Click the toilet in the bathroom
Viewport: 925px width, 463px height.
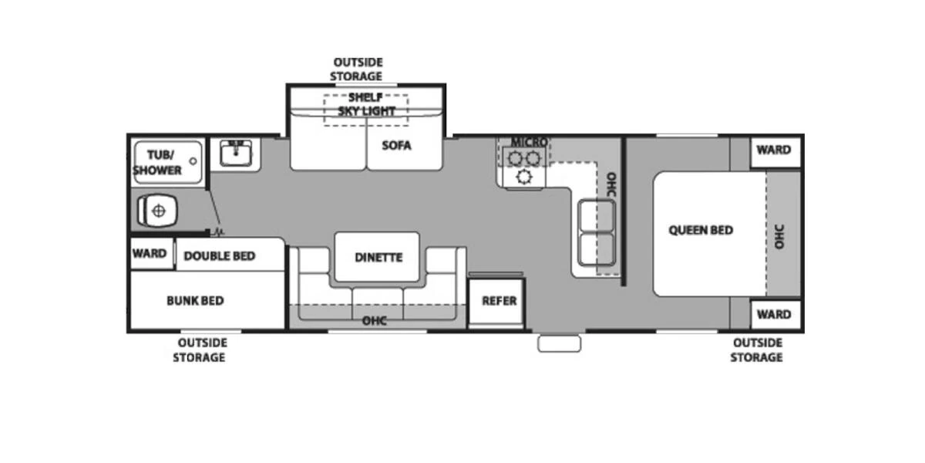[157, 211]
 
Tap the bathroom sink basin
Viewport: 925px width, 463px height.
[236, 154]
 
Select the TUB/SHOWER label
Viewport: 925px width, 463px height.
[157, 163]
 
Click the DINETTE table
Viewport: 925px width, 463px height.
[377, 257]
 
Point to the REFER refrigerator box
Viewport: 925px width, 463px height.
[496, 302]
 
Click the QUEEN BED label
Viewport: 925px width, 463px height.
[701, 230]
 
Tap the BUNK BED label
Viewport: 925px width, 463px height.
[195, 300]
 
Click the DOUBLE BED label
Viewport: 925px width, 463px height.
[219, 256]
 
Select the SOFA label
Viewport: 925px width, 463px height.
[396, 146]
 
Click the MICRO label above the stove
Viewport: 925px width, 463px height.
[530, 142]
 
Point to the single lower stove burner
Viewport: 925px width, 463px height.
[524, 177]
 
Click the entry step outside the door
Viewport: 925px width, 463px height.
[559, 344]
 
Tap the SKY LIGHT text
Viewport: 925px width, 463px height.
[367, 111]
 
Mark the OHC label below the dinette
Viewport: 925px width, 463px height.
[375, 321]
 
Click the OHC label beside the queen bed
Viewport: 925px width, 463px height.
[779, 237]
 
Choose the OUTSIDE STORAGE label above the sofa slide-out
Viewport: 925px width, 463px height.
[356, 69]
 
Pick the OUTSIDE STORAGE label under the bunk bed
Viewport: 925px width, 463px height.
[200, 350]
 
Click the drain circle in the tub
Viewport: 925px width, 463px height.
[193, 161]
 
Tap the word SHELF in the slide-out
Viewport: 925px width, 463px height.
[365, 97]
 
